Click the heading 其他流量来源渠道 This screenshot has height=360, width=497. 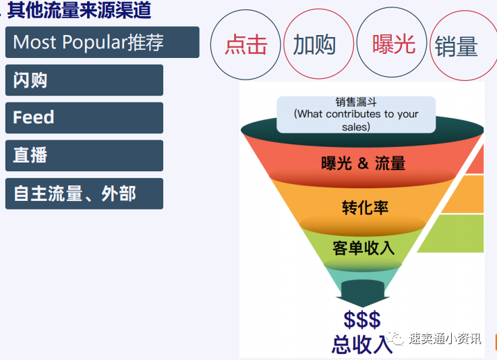79,10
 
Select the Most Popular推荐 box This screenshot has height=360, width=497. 102,42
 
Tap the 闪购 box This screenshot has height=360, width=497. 84,80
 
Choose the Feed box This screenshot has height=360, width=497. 84,117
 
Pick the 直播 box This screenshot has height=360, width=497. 84,155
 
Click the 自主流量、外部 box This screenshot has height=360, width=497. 84,193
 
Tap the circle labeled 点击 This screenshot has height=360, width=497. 245,45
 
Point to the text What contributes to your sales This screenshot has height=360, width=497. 355,120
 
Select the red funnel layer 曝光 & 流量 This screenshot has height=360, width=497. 363,162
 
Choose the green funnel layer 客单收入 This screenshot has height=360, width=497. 363,247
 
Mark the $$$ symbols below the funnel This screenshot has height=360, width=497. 361,320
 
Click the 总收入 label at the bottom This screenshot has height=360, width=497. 362,344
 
